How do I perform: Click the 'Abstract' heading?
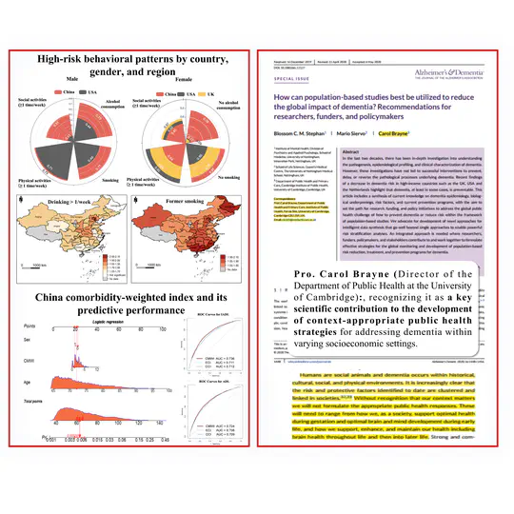pyautogui.click(x=358, y=150)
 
